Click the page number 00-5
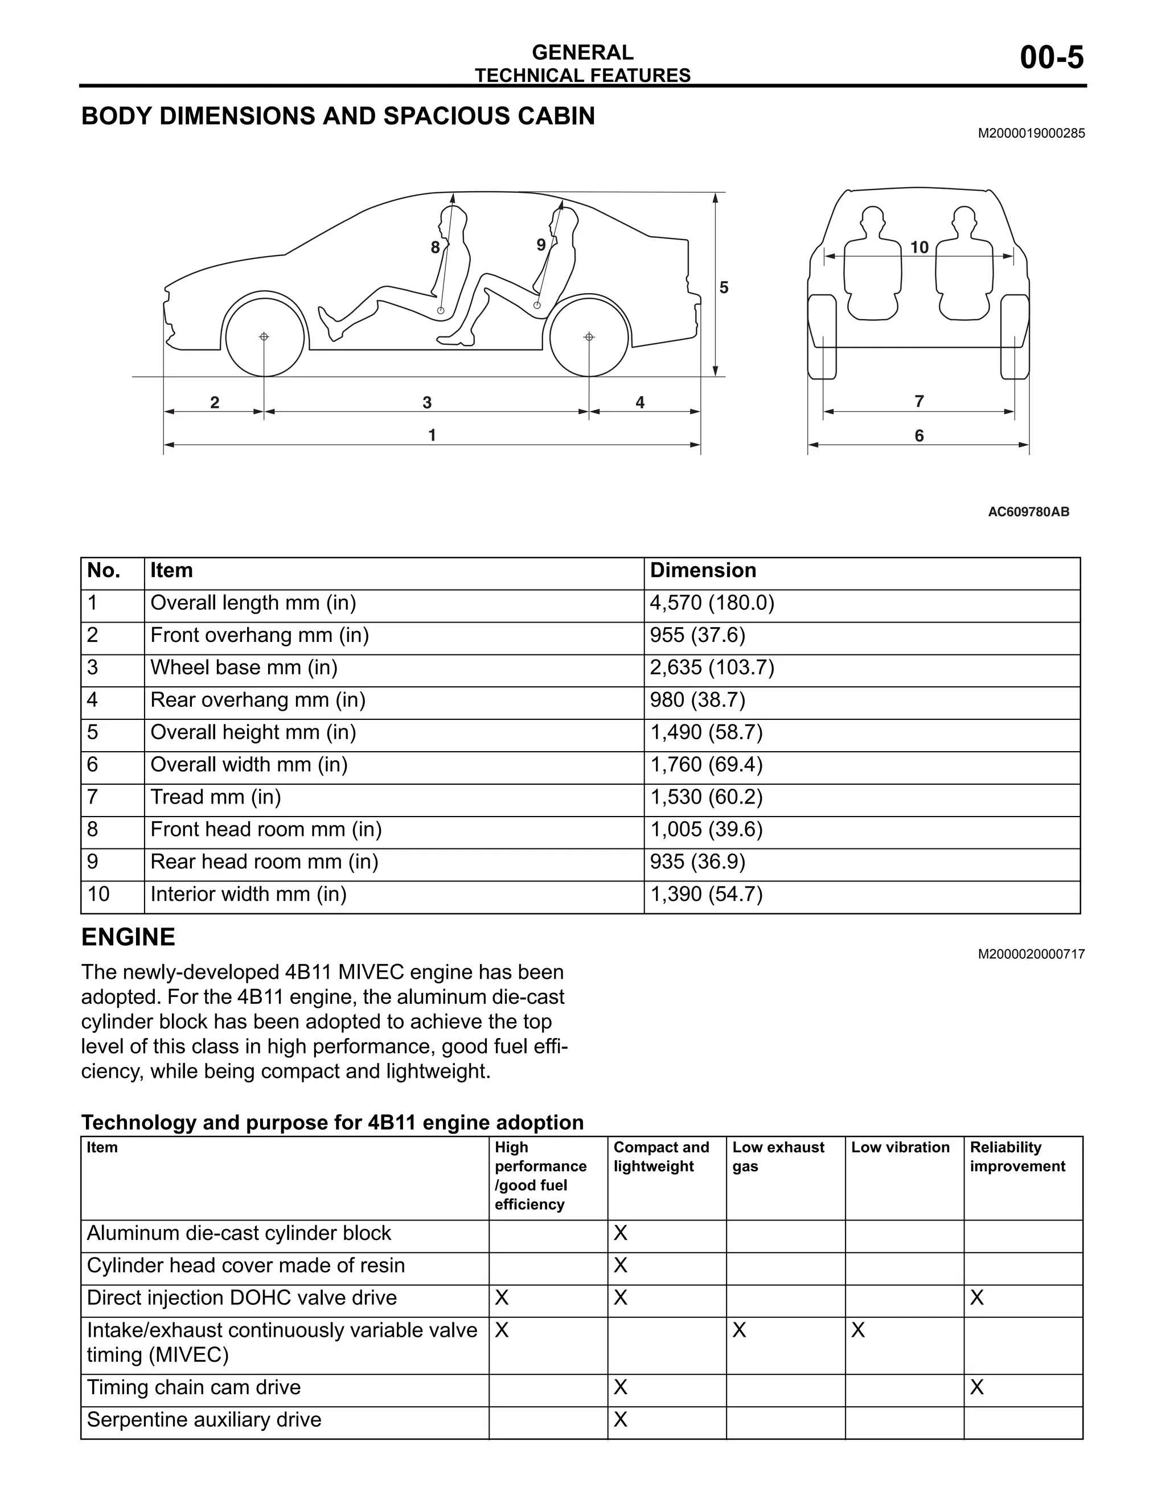pos(1052,58)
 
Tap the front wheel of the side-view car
pos(265,337)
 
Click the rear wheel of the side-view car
pos(589,337)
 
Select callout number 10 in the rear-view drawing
pos(919,247)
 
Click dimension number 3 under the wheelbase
pos(427,402)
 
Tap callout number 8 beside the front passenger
pos(434,247)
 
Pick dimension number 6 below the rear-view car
pos(919,436)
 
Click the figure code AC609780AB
pos(1028,512)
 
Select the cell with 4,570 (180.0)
pos(712,603)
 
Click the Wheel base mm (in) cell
pos(244,668)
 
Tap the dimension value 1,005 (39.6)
pos(706,829)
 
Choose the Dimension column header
pos(703,570)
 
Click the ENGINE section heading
pos(129,937)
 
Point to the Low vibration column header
pos(900,1148)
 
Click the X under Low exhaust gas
pos(738,1330)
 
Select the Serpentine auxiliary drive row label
pos(204,1420)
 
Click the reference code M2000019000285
pos(1030,134)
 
